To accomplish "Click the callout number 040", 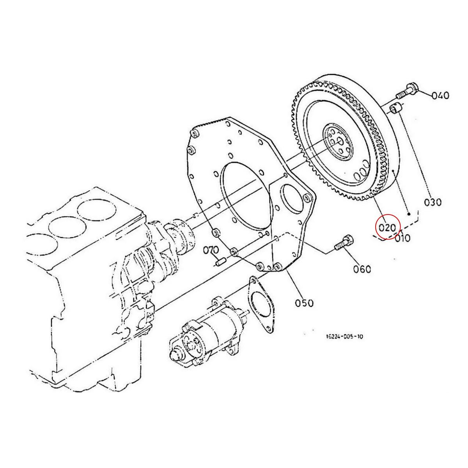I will (x=440, y=96).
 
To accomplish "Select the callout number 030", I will (x=433, y=202).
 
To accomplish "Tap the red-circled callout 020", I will (x=388, y=227).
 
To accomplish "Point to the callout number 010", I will (x=402, y=238).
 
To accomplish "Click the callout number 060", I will (x=362, y=269).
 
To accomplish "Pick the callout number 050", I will (x=304, y=303).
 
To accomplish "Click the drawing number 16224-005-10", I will (x=344, y=337).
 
